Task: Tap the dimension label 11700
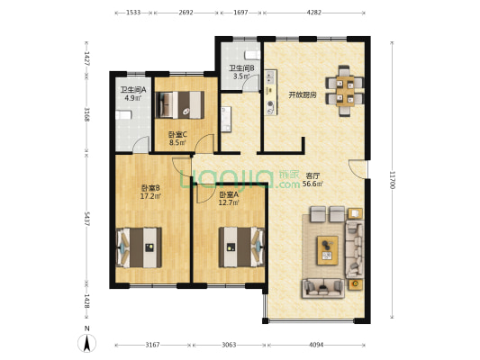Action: [392, 180]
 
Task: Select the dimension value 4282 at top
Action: [313, 13]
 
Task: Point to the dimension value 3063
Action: [229, 345]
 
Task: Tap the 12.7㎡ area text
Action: [229, 202]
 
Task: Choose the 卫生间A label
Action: [133, 90]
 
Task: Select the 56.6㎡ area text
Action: [312, 184]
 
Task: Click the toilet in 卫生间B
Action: [252, 55]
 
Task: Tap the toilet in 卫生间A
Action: [123, 114]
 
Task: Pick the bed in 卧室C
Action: [180, 105]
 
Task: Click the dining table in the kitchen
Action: [345, 91]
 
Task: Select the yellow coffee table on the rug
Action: [328, 250]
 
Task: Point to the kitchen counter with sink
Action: [271, 93]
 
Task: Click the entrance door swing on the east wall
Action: [357, 168]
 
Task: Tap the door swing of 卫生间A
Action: [140, 143]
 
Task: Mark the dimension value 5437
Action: [86, 219]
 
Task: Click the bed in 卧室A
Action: [241, 247]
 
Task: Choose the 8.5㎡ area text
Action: [177, 142]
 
